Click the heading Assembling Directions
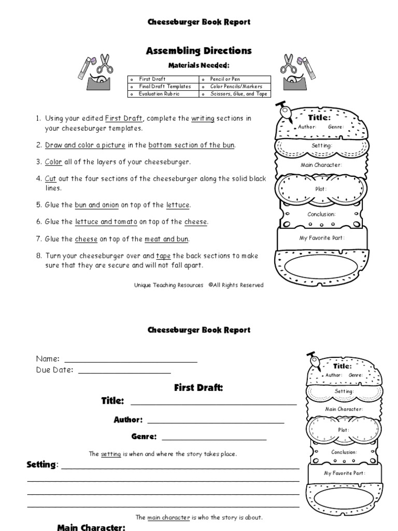click(x=200, y=51)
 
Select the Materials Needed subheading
click(x=200, y=65)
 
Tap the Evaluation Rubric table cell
click(x=161, y=94)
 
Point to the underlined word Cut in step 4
click(x=50, y=178)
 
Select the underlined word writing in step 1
click(x=203, y=119)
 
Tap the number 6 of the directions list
click(x=38, y=222)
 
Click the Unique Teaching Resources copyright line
click(x=198, y=285)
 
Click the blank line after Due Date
click(x=124, y=371)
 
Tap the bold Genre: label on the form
click(x=144, y=437)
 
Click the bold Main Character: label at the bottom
click(x=91, y=527)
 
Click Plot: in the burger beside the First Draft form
click(x=344, y=430)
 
